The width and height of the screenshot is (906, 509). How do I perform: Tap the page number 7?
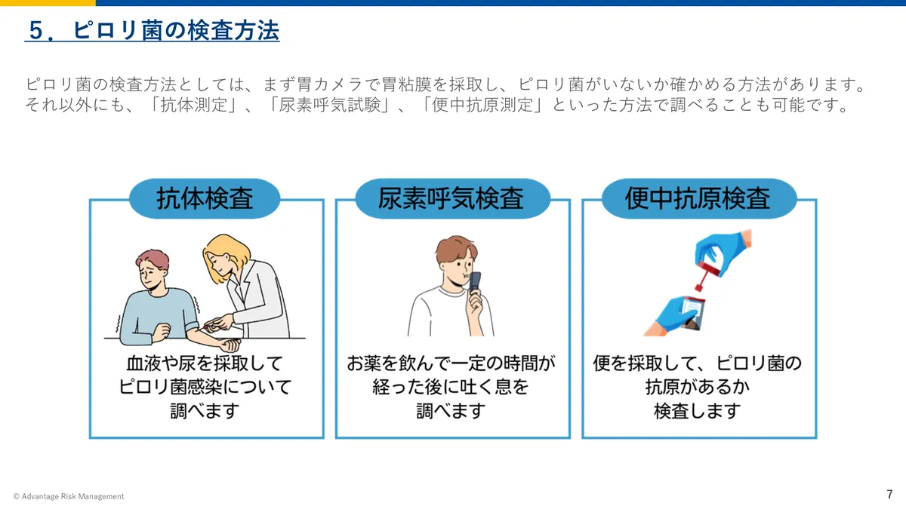pos(889,494)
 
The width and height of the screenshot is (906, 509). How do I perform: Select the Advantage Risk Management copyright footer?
pos(69,496)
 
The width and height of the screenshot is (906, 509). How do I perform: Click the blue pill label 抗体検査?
pos(205,198)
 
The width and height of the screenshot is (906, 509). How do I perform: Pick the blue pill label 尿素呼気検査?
pos(451,198)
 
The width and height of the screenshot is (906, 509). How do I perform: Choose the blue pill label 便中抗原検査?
pos(698,198)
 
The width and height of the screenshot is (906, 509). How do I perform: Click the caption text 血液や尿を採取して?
pos(205,364)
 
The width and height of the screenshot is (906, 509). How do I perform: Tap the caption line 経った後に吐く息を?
pos(451,388)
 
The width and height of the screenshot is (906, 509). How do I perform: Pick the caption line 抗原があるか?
pos(698,388)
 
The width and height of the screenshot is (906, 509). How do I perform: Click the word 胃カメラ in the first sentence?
pos(330,82)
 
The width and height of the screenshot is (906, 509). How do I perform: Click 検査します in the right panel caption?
pos(698,411)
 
